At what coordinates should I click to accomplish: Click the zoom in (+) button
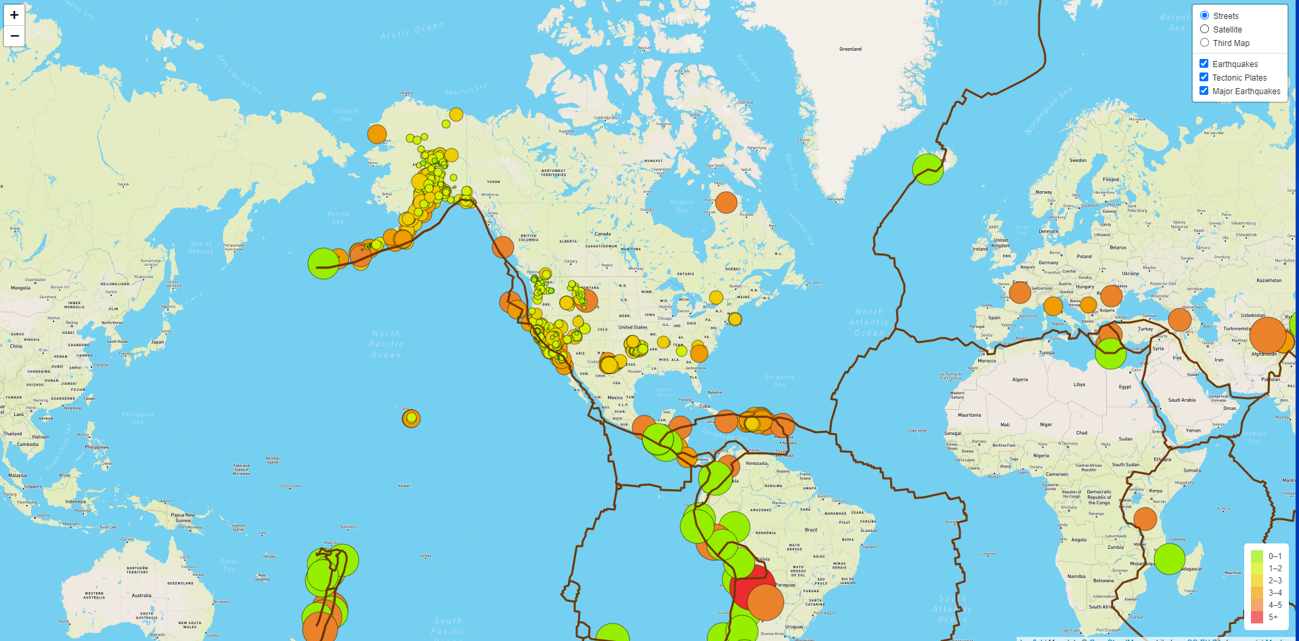[14, 15]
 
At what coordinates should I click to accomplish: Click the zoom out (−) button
[14, 36]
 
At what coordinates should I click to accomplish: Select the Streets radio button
[1204, 16]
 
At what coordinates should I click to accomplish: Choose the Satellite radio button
[1204, 29]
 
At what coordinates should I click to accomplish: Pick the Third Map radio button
[1204, 43]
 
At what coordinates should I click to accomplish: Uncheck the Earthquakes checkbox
[1204, 64]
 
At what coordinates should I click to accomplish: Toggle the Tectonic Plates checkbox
[1204, 77]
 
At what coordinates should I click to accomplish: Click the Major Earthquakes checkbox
[1204, 91]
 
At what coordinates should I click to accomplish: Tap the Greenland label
[850, 49]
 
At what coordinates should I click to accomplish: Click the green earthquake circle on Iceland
[927, 169]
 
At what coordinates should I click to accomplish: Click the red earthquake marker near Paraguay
[751, 587]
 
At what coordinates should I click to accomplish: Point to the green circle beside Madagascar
[1169, 558]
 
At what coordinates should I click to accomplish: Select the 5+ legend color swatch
[1257, 617]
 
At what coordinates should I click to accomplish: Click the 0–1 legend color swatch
[1257, 556]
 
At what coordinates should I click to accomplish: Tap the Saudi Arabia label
[1181, 400]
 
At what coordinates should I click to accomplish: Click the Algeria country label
[1019, 379]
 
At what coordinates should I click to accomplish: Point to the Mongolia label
[20, 288]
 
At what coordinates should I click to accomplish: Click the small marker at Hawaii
[411, 419]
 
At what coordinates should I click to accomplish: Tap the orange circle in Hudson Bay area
[726, 202]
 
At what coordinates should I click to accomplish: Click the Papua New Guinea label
[183, 518]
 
